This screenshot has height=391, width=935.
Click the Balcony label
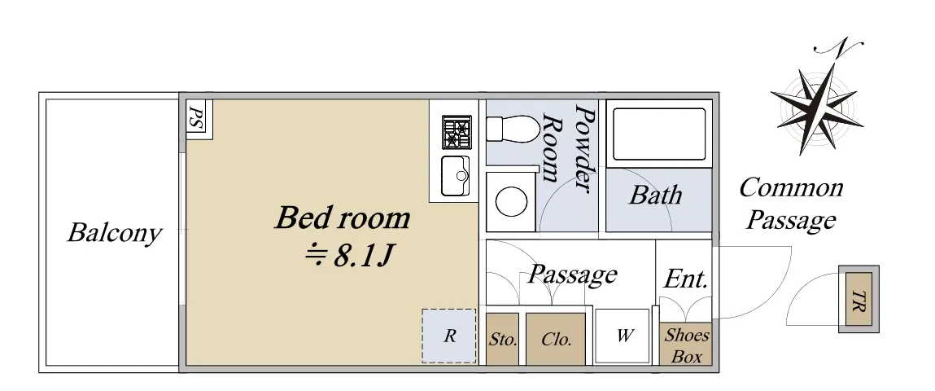[x=114, y=232]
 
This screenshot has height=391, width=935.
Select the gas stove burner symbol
[x=457, y=133]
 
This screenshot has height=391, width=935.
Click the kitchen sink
[x=456, y=175]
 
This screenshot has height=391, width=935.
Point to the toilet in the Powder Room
[x=513, y=130]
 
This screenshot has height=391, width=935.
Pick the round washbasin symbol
[x=511, y=201]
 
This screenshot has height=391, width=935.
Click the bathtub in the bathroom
[x=659, y=134]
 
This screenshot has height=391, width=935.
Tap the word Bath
[x=655, y=195]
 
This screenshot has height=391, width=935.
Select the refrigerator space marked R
[x=449, y=336]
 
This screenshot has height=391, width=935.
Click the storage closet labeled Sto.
[x=503, y=339]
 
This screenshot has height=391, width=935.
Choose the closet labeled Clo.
[x=556, y=339]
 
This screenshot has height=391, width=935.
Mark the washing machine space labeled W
[x=623, y=336]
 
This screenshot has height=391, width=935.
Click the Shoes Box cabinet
[x=686, y=344]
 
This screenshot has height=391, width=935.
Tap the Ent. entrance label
[x=686, y=279]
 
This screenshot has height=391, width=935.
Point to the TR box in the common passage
[x=859, y=298]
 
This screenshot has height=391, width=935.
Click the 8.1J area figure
[x=347, y=256]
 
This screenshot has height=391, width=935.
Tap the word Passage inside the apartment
[x=572, y=274]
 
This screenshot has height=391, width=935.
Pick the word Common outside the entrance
[x=791, y=187]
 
